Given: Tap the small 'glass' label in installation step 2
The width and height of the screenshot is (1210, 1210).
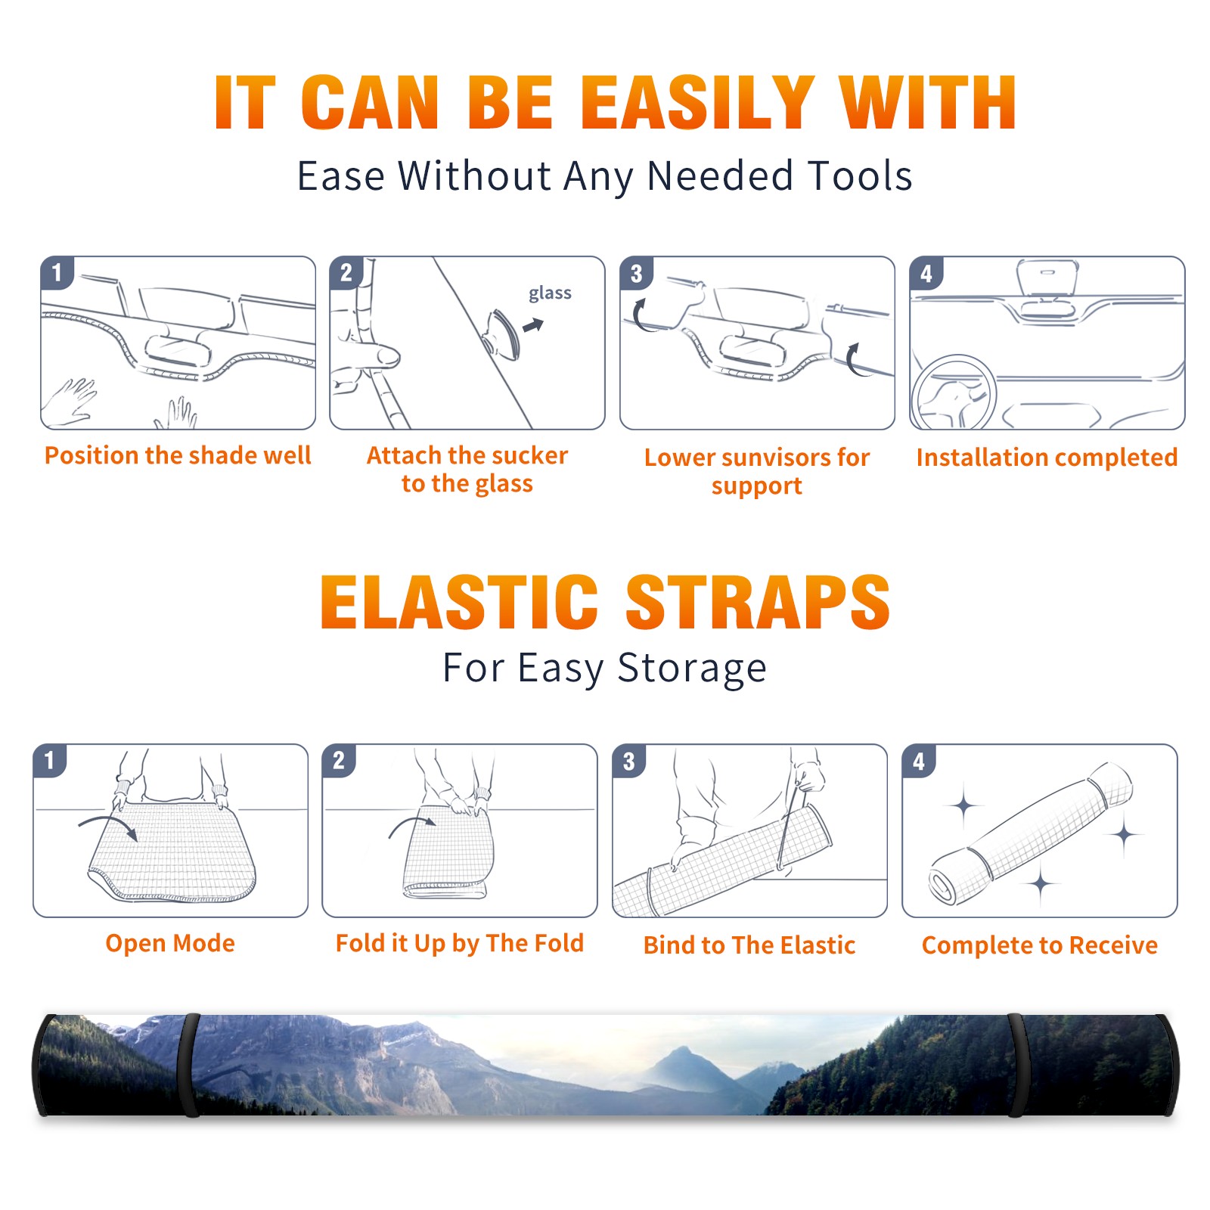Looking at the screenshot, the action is (x=550, y=293).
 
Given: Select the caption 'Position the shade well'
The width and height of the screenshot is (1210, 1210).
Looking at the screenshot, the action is (x=178, y=455).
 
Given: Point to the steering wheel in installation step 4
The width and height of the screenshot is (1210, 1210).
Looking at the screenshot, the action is (x=953, y=393).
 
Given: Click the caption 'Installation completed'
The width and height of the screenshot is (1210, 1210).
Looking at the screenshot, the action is (x=1047, y=457).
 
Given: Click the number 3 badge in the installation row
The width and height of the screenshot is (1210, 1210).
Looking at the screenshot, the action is (x=636, y=274).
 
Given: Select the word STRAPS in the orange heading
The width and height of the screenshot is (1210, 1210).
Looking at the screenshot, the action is (x=758, y=602).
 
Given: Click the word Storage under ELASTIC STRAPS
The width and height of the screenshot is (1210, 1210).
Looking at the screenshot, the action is (x=692, y=669).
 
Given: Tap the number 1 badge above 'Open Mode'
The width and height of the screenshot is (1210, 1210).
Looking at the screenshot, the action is (x=50, y=761).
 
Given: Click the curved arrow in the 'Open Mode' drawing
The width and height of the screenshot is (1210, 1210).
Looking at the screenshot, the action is (x=108, y=824).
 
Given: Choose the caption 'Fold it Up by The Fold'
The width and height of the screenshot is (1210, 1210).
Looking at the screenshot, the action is (x=460, y=943).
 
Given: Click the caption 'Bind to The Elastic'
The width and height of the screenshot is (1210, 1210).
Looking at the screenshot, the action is (x=749, y=945).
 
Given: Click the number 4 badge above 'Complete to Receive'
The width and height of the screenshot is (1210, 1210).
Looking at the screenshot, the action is (x=919, y=761).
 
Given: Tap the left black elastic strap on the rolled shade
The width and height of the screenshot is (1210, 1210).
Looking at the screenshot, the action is (x=188, y=1065).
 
